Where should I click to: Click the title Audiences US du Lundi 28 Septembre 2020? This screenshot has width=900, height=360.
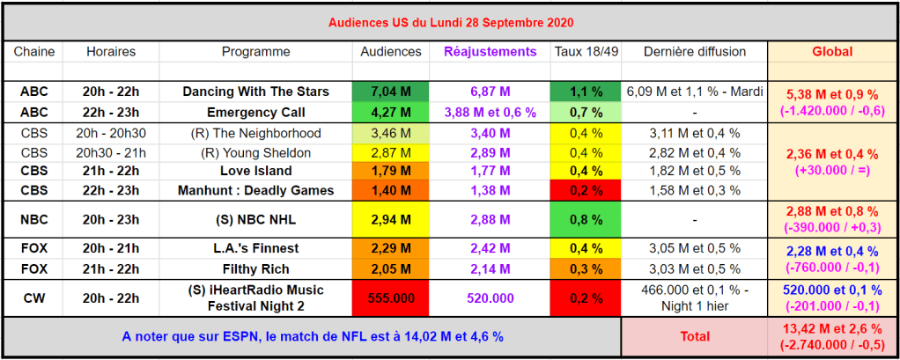pos(449,20)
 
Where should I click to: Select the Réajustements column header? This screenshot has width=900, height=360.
pos(490,52)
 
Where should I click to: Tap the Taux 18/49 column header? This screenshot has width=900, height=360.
pos(586,52)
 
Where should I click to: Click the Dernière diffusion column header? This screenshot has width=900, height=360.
pos(695,52)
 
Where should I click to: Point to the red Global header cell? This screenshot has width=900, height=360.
pos(831,52)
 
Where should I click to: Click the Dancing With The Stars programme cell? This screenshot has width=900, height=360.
pos(255,92)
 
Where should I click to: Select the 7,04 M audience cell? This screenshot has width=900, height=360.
pos(391,92)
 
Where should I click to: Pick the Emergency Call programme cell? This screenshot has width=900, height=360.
pos(255,113)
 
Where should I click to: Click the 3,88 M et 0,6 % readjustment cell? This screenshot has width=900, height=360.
pos(490,113)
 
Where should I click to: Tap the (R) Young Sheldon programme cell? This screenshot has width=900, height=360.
pos(255,153)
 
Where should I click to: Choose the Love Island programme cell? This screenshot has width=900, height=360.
pos(255,171)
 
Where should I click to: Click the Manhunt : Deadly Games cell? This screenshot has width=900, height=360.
pos(255,190)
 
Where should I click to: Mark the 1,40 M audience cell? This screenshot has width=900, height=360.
pos(391,190)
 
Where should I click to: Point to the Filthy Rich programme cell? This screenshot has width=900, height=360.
pos(255,269)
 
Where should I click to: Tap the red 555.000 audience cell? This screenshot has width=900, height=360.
pos(391,298)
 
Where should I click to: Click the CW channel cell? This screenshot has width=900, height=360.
pos(34,298)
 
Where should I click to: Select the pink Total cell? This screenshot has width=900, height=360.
pos(694,336)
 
